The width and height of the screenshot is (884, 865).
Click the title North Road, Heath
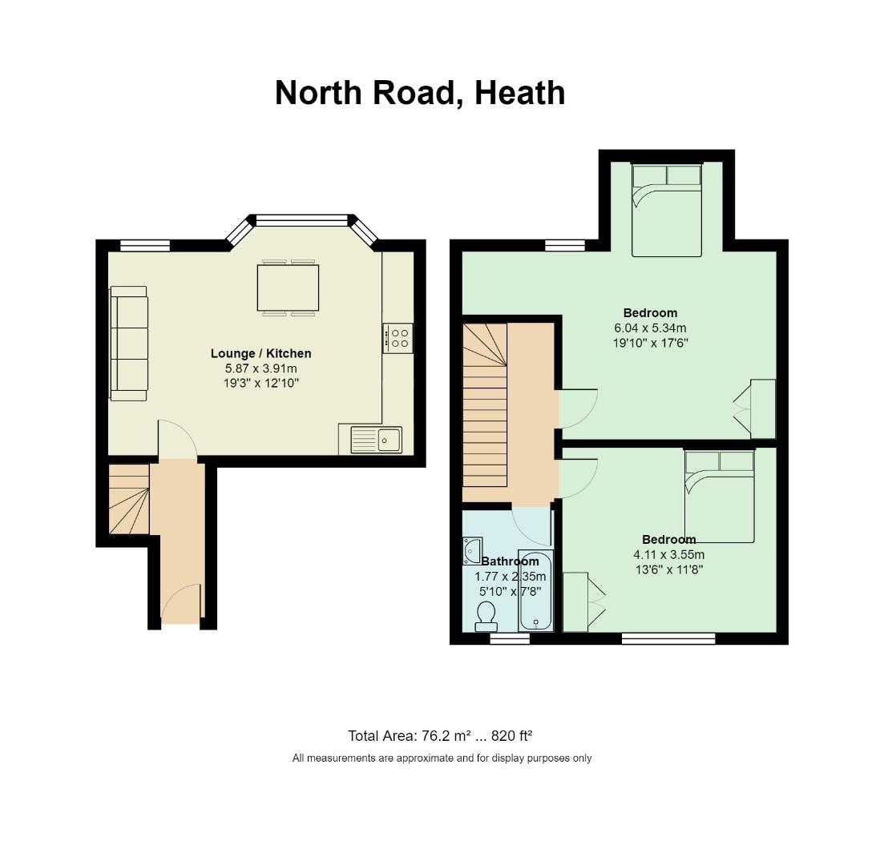pos(420,93)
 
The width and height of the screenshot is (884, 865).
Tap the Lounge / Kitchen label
pos(261,353)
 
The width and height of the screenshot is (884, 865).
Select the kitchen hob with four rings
pos(398,338)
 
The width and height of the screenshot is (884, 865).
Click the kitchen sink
pos(377,440)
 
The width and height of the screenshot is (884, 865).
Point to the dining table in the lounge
pos(288,288)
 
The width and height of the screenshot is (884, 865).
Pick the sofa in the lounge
pos(128,343)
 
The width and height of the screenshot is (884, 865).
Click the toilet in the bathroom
pos(486,616)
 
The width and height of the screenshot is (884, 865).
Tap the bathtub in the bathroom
pos(535,591)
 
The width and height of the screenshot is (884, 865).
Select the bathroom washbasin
pos(472,550)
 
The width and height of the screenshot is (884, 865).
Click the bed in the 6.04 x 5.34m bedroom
pos(667,211)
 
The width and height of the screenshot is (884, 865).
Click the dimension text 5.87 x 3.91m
pos(261,368)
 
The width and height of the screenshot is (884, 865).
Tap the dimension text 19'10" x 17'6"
pos(651,343)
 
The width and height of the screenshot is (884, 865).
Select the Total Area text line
pos(440,736)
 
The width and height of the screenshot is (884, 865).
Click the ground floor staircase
pos(129,499)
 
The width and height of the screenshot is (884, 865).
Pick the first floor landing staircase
pos(485,405)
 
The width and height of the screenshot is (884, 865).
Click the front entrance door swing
pos(182,604)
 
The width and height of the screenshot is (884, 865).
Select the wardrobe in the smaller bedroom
pos(582,601)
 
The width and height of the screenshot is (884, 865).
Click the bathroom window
pos(510,638)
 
